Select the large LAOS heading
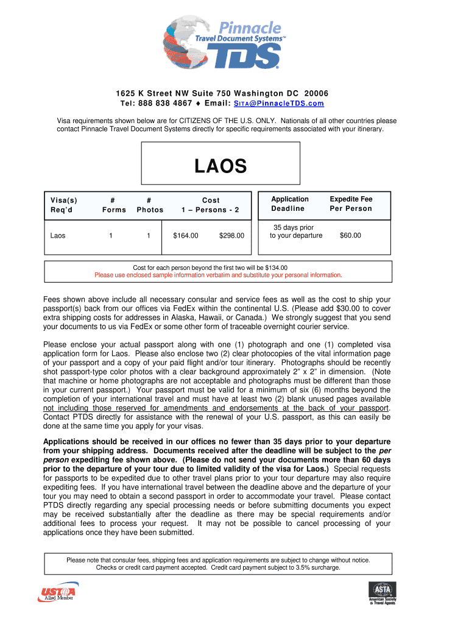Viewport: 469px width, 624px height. (220, 166)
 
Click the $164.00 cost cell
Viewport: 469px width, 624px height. (185, 235)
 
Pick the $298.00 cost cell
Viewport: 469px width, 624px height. (231, 235)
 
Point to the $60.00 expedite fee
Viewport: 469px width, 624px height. (350, 235)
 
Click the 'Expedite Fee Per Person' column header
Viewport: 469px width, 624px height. (350, 204)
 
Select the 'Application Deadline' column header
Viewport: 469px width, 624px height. (289, 204)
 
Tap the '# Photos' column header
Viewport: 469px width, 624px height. (150, 205)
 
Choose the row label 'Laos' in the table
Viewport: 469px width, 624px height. (58, 235)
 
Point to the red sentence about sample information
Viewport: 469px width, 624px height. (218, 275)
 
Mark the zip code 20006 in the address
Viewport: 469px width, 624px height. (317, 93)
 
